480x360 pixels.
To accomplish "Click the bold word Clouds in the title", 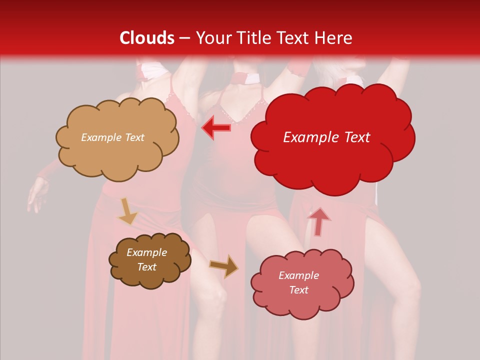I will click(147, 38).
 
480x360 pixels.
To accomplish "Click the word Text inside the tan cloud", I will click(134, 137).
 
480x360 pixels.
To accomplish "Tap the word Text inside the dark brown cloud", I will click(147, 267).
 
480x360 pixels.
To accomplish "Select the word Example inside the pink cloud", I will click(298, 275).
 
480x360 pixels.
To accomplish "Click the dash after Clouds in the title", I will click(184, 38).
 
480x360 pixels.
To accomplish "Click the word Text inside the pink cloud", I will click(298, 290).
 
